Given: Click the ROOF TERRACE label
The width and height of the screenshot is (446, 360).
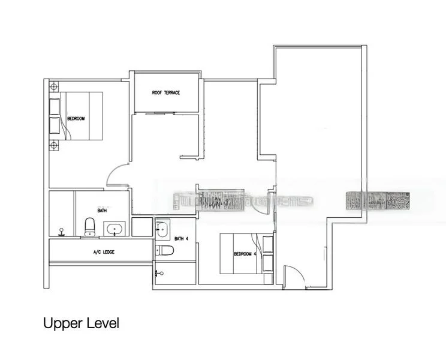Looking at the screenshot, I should (x=166, y=93).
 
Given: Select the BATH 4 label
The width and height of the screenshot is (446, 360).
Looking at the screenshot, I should (x=182, y=239).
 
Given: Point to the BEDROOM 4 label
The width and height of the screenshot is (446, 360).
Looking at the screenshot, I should (x=245, y=253).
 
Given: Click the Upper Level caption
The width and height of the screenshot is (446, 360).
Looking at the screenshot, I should (x=81, y=323).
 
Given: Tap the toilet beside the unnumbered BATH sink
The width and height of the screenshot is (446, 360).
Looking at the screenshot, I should (x=90, y=227).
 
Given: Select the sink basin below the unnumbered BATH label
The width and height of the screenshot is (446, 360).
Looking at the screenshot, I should (x=113, y=229).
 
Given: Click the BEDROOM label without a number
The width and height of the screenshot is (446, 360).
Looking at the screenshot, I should (x=76, y=119).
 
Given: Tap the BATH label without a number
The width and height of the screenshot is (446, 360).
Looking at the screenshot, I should (x=102, y=211).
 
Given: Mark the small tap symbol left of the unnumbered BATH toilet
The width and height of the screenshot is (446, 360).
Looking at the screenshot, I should (x=61, y=230).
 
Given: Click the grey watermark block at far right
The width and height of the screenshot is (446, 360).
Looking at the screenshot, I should (x=379, y=201).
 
